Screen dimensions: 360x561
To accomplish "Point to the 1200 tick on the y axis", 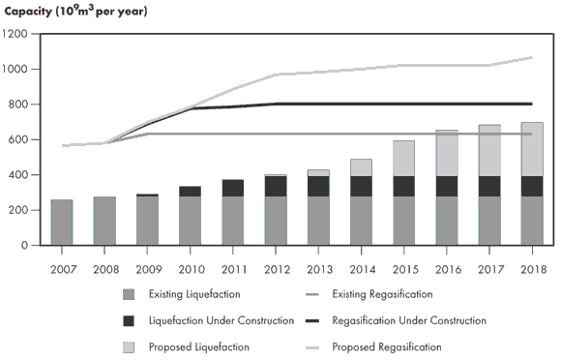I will (x=16, y=34).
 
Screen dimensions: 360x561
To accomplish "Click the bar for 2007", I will (x=62, y=223).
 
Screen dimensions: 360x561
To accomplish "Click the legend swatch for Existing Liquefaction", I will (x=129, y=294).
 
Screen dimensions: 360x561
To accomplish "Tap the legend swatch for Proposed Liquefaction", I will (x=129, y=346).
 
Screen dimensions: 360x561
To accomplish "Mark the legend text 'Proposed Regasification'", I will (x=387, y=346).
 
